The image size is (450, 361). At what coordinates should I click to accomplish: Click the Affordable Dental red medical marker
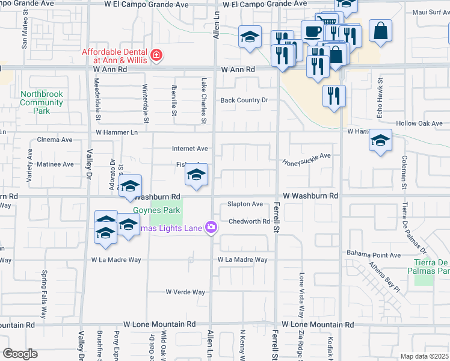156,56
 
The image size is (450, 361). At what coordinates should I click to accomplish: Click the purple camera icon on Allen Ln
211,227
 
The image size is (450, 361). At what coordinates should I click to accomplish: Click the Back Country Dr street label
244,100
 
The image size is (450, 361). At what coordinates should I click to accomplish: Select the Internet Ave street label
190,149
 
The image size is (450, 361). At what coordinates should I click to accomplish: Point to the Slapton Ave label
245,205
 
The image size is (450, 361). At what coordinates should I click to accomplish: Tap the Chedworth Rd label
249,221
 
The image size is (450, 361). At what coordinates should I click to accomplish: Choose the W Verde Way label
185,292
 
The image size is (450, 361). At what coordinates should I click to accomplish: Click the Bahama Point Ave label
373,255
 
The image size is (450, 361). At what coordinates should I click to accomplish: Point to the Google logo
20,354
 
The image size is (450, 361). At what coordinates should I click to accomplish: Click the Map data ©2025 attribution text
424,356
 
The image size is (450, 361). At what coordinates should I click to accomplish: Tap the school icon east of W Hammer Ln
380,141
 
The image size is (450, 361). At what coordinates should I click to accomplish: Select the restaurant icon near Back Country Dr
334,96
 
